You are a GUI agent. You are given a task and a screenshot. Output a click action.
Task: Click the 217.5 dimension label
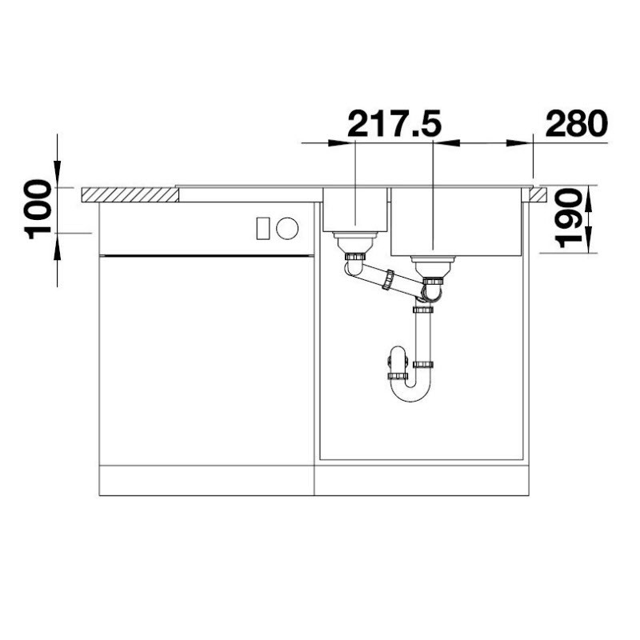[394, 123]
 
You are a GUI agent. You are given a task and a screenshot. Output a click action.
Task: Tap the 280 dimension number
[577, 123]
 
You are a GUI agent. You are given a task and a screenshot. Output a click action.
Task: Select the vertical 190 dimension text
[569, 218]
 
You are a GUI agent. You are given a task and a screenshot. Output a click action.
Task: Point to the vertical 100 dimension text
[38, 209]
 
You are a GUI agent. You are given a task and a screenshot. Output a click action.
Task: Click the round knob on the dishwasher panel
[287, 228]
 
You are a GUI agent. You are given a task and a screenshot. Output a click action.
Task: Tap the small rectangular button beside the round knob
[262, 229]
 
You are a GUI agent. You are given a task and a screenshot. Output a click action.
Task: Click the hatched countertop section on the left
[130, 194]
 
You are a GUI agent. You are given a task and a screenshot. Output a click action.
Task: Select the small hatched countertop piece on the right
[538, 194]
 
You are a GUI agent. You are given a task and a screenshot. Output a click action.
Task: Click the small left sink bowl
[354, 210]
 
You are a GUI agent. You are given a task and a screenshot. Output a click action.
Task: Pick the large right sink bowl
[456, 222]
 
